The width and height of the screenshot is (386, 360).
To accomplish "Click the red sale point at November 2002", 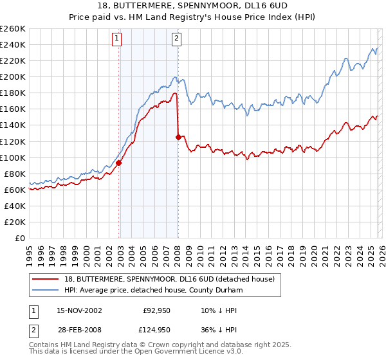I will [x=119, y=163].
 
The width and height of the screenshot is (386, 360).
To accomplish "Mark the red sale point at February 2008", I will [x=178, y=137].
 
